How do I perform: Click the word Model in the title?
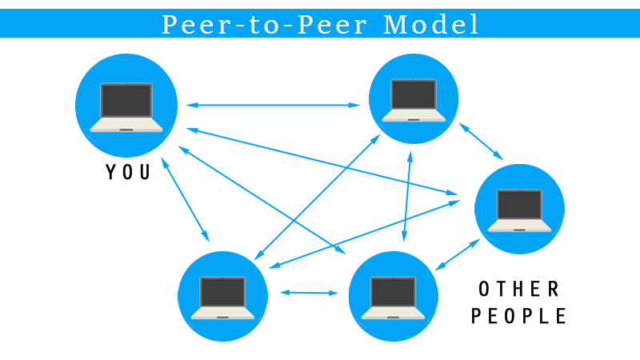coord(432,25)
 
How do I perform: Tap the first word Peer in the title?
coord(190,25)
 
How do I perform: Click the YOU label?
coord(128,172)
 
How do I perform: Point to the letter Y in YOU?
coord(110,172)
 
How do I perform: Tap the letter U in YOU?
coord(145,172)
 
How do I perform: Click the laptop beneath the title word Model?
coord(414,100)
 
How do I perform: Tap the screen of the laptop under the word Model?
coord(414,95)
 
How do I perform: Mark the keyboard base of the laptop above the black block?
coord(519,226)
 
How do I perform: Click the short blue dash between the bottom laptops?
coord(309,293)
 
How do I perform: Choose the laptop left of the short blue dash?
coord(222,298)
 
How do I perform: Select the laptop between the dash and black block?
coord(393,298)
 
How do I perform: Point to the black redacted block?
coord(518,302)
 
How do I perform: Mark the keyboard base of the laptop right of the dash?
coord(392,314)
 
